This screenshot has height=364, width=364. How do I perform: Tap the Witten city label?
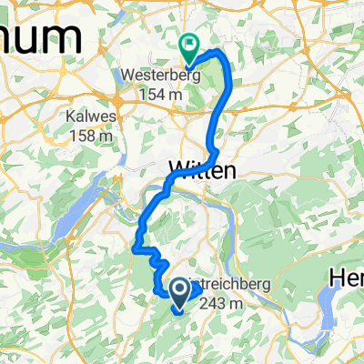point(203,169)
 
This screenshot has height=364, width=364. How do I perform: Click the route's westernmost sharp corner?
point(135,247)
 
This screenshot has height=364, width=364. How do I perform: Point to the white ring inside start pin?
point(179,290)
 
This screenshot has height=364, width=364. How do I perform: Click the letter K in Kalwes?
point(71,117)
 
